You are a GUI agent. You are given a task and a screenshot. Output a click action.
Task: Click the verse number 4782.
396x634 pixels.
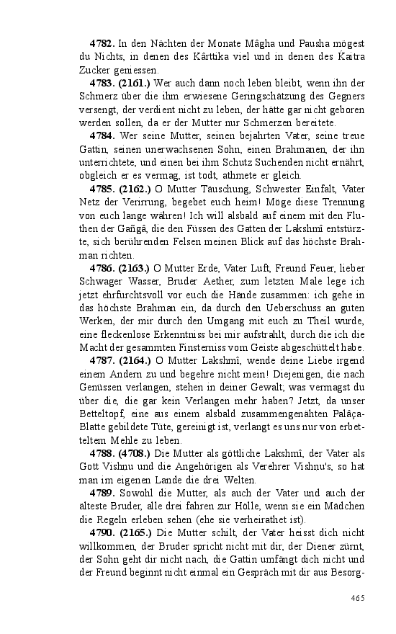point(102,45)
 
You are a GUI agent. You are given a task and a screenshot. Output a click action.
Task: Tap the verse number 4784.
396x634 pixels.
point(102,135)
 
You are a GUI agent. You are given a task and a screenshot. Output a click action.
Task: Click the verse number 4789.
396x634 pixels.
point(102,492)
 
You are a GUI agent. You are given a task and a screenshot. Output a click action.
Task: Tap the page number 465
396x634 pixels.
point(358,597)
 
